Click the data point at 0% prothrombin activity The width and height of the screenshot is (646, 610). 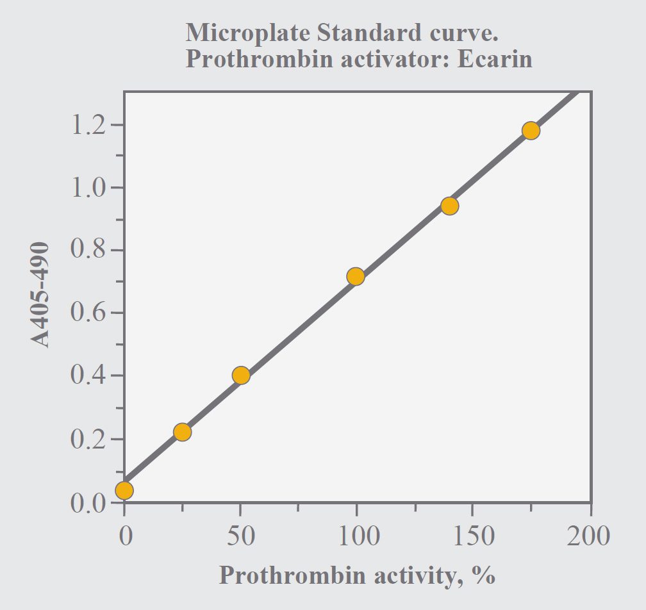tap(124, 490)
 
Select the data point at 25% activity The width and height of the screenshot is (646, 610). tap(183, 432)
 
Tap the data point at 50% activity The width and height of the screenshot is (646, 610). tap(241, 375)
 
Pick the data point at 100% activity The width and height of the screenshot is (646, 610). tap(356, 277)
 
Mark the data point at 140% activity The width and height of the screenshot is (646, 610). tap(450, 206)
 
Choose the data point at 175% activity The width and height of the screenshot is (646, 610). tap(531, 131)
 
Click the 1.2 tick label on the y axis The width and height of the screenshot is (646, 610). tap(88, 125)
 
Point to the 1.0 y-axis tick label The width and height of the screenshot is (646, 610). tap(88, 188)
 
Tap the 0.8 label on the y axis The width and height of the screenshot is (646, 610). tap(88, 251)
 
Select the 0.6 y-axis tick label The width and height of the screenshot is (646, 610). tap(88, 313)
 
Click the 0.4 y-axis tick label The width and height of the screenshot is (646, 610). tap(88, 375)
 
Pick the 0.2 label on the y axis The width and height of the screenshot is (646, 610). tap(88, 440)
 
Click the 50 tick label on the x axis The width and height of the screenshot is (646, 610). tap(241, 536)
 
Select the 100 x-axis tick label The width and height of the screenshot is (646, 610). tap(356, 536)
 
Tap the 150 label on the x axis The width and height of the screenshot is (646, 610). tap(472, 536)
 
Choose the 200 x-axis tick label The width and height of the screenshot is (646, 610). tap(588, 536)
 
